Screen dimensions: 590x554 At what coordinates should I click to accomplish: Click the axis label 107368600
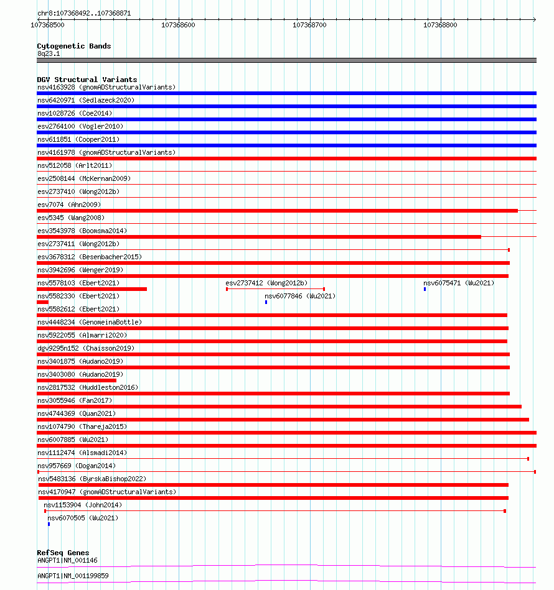178,25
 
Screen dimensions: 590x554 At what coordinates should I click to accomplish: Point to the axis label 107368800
440,25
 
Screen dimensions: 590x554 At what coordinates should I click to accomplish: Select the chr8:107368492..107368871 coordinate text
84,13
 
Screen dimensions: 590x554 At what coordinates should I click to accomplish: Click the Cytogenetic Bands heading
73,46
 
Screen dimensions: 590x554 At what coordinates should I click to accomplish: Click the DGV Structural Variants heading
87,80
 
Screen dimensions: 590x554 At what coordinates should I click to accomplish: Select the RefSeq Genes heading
63,553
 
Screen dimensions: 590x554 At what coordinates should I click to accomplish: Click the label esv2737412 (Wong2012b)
266,283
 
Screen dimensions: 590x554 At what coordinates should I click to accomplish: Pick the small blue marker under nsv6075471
425,289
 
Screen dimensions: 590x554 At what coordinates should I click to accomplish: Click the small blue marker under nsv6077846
266,302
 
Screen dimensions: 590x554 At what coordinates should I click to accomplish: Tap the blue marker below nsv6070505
49,524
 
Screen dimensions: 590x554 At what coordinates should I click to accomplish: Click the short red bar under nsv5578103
92,289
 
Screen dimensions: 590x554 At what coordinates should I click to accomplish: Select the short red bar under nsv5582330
42,302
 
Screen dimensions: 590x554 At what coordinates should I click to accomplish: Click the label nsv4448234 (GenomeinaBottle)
89,322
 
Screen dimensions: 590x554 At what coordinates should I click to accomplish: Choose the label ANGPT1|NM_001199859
73,576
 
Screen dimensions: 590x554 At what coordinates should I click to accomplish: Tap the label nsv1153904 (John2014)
83,505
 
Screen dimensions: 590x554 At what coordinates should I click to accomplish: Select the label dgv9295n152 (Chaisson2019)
85,348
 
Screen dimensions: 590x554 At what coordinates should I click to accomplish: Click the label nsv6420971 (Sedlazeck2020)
85,100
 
